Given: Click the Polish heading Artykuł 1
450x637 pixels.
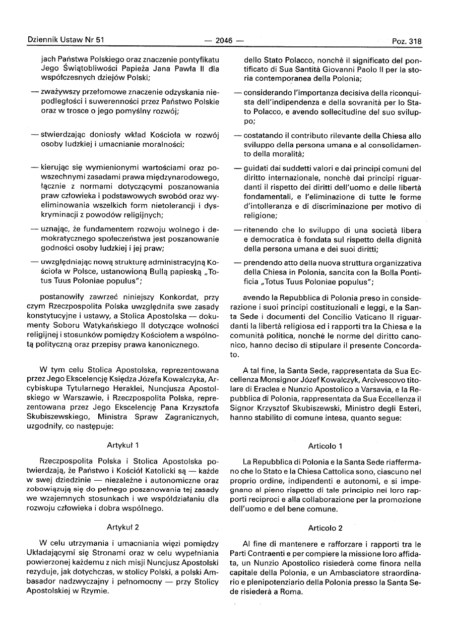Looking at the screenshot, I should pos(123,445).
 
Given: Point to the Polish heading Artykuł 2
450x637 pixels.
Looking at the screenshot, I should pos(123,527).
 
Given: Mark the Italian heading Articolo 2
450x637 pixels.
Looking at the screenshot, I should pos(325,528).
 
